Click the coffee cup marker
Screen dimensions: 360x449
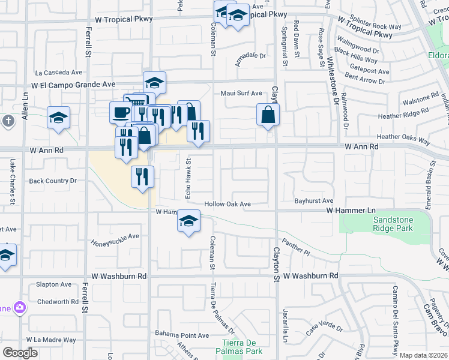[x=121, y=112]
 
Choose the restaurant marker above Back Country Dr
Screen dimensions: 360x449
[x=143, y=177]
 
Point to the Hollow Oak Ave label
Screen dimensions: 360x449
[x=228, y=204]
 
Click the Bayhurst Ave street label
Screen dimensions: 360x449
[x=313, y=200]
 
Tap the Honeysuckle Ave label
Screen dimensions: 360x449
[x=115, y=239]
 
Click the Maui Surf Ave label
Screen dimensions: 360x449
[x=241, y=94]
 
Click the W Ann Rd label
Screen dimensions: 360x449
[x=361, y=146]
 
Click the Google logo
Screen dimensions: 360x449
[x=20, y=353]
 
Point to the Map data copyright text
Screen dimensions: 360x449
[x=423, y=355]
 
